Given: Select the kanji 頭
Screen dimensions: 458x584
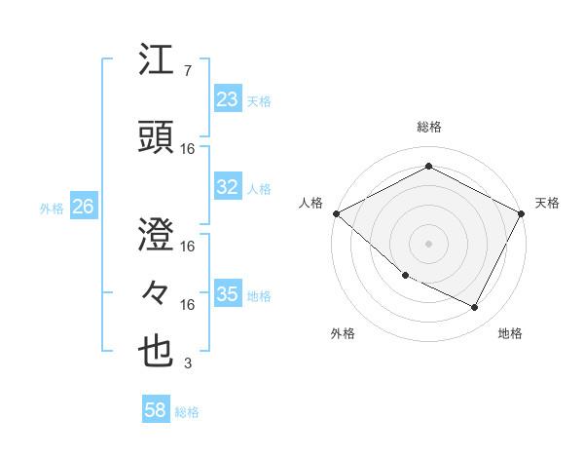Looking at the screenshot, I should click(158, 137).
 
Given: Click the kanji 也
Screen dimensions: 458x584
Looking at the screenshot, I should click(158, 353).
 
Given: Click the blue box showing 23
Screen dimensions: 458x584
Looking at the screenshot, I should click(228, 98).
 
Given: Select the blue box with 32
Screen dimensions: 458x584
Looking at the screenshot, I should click(228, 187).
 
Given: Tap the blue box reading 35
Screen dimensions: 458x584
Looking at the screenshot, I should click(228, 294).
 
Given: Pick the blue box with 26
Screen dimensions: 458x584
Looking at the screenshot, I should click(83, 207).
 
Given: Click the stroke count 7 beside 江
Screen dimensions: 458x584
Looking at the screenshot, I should click(187, 71).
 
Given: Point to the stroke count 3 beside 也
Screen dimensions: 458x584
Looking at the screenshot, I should click(187, 363).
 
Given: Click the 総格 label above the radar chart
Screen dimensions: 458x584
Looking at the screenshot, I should click(429, 127).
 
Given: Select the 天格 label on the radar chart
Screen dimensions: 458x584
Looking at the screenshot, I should click(547, 203).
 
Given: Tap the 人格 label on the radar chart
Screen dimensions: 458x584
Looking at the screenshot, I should click(311, 203).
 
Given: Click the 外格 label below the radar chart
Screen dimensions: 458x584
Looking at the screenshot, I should click(343, 333).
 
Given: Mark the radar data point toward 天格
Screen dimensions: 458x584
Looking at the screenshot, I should click(522, 213).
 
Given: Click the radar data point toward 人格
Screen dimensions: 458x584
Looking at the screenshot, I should click(336, 213).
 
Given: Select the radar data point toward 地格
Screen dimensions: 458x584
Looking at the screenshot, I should click(475, 308).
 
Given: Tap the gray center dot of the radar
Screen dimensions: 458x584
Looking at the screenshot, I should click(429, 243).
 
